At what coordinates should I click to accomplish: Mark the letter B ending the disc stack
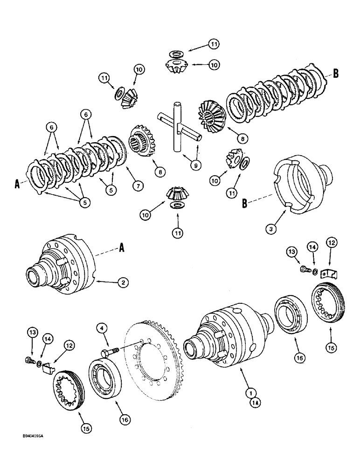click(335, 73)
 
